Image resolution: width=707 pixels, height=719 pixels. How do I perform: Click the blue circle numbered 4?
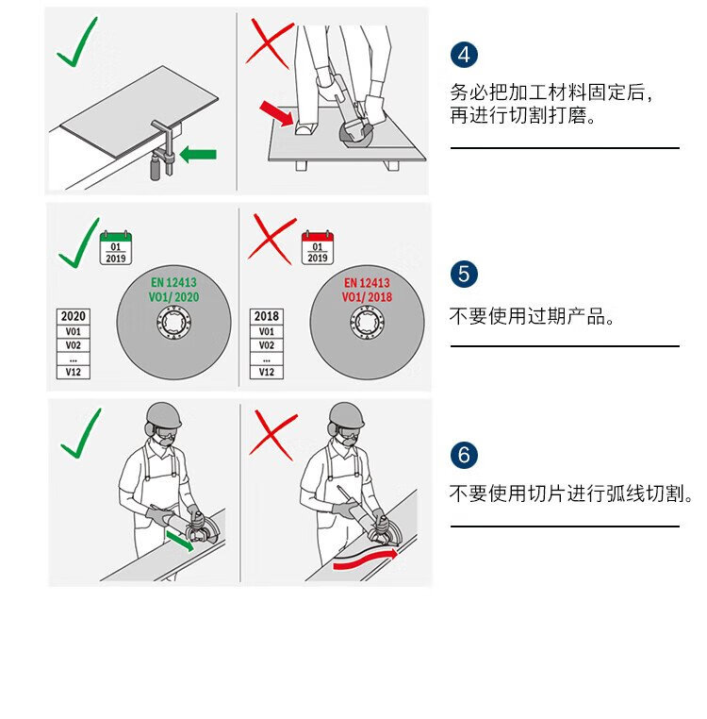(x=464, y=55)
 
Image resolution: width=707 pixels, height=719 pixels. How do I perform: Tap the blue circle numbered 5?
(x=464, y=275)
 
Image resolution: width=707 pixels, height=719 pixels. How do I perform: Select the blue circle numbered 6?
(x=464, y=455)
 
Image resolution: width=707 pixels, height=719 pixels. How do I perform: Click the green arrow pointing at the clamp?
(x=198, y=155)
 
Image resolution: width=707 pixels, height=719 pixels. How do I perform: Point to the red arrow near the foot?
(x=276, y=113)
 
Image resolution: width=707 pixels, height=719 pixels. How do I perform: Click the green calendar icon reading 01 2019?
(x=116, y=247)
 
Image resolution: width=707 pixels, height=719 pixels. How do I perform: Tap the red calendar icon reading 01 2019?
(x=318, y=247)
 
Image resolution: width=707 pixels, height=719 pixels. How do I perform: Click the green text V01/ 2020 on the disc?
(x=173, y=297)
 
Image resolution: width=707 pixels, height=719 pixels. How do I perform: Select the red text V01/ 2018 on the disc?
(x=367, y=297)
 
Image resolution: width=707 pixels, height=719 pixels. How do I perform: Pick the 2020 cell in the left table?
(x=74, y=316)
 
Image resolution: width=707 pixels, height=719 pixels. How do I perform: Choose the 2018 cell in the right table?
(x=267, y=316)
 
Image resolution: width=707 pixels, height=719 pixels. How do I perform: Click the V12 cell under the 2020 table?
(x=74, y=372)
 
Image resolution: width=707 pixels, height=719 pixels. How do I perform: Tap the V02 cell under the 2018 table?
(x=267, y=344)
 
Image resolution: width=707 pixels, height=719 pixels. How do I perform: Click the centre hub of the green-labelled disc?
(x=173, y=322)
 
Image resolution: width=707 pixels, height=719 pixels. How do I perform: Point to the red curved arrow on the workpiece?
(x=365, y=560)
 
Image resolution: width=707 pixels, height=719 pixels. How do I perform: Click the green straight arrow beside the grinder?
(x=180, y=540)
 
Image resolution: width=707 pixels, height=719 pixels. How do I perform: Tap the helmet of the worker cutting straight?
(x=164, y=415)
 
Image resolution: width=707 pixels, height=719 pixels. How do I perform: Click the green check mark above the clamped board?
(x=77, y=42)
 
